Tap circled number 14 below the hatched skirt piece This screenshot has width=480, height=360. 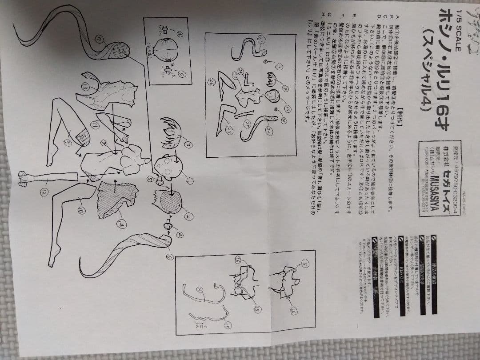(x=120, y=225)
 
